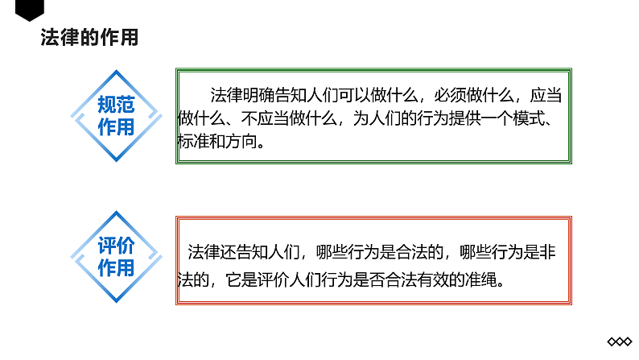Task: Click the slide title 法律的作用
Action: click(x=89, y=38)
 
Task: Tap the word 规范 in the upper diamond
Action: click(x=115, y=105)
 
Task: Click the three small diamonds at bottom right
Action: click(x=620, y=341)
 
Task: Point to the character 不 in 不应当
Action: click(x=246, y=118)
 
